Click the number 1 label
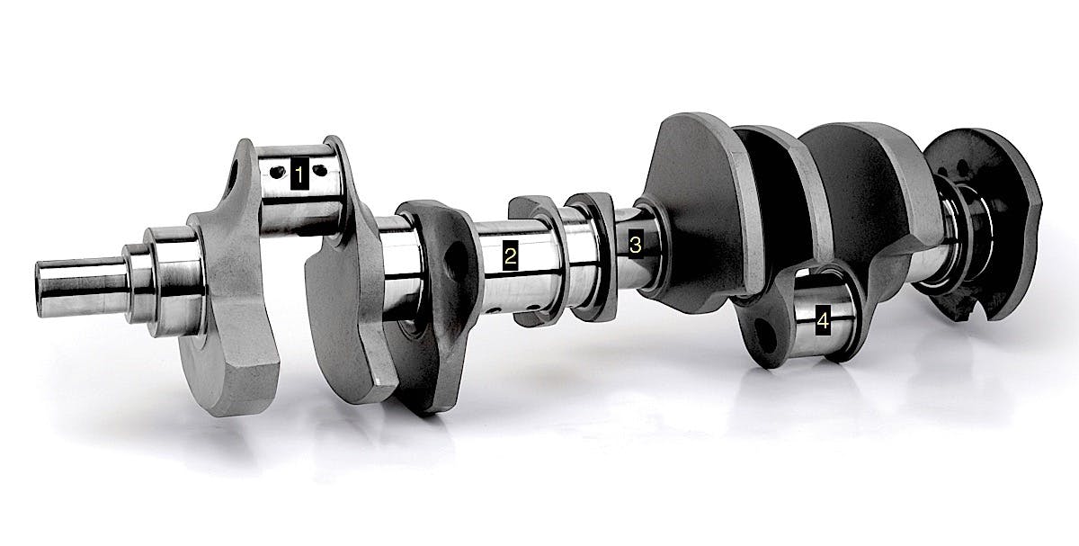(299, 173)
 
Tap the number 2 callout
(510, 255)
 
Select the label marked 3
(636, 245)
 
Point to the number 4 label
(824, 320)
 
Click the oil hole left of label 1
(277, 173)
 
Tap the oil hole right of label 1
(320, 170)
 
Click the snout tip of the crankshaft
(40, 289)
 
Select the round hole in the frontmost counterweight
(233, 177)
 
